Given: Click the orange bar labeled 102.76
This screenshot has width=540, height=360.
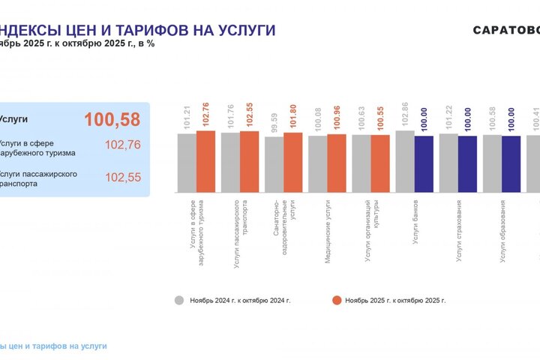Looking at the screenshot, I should point(206,161).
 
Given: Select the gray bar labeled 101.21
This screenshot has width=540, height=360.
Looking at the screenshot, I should point(187,163).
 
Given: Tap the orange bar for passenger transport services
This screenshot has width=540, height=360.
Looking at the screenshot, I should point(250,162).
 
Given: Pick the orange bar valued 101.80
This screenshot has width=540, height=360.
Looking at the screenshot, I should point(293,162).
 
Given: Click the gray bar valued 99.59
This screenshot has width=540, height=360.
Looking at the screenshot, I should point(274,164).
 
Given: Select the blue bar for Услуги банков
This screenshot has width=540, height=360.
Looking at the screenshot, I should point(424,163).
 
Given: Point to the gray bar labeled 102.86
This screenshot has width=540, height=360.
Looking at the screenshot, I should point(405,161).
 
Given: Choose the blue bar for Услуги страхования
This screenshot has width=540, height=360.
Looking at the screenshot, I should point(467,163).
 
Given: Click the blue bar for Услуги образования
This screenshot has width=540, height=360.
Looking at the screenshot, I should point(511,163).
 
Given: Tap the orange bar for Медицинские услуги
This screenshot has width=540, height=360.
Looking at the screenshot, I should point(337,163).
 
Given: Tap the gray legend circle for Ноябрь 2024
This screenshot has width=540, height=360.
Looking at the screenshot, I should point(179,300).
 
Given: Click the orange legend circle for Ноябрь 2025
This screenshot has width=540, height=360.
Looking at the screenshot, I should point(337,300).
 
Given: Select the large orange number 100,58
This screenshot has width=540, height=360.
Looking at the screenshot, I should point(112,119).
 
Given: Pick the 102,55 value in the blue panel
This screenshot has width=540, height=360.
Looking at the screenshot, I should point(123,178).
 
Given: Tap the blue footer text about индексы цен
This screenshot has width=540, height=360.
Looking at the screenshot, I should point(54,346).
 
